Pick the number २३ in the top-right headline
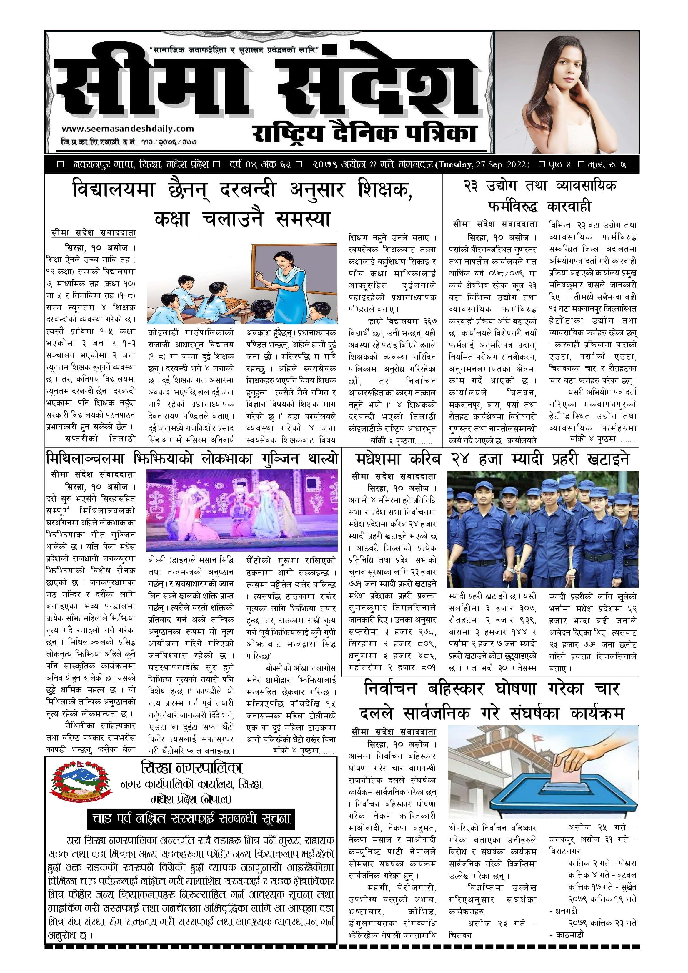tap(472, 186)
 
